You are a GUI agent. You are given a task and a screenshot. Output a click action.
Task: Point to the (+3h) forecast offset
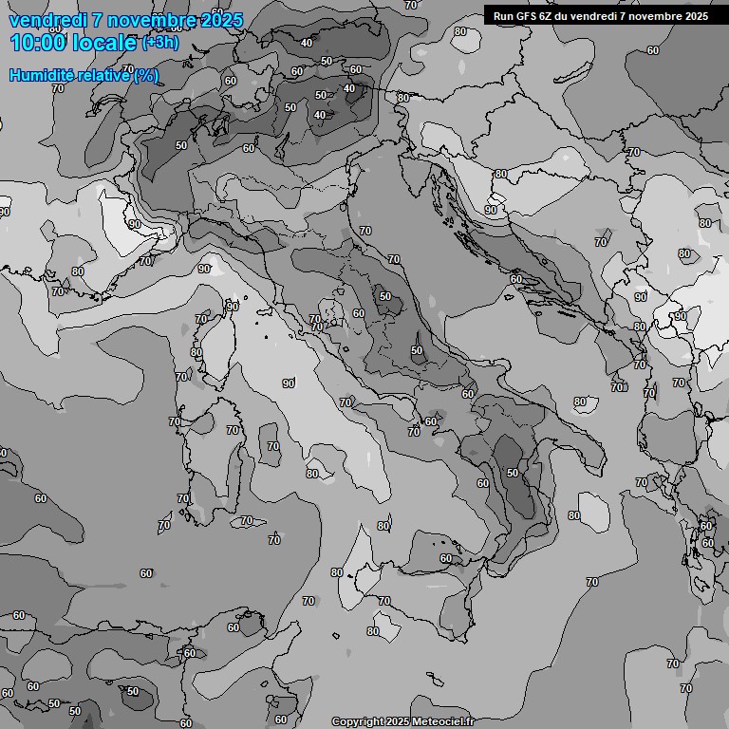(159, 43)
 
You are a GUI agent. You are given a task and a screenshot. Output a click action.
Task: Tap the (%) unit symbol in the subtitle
(145, 75)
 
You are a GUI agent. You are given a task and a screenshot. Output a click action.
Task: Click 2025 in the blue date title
(216, 20)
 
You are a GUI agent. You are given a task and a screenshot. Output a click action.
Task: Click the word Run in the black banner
(503, 16)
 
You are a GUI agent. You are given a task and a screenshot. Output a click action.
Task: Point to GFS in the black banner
(528, 16)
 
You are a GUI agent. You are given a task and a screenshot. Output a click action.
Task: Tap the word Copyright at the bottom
(358, 721)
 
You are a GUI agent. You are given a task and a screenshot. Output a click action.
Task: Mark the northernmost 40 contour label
(307, 43)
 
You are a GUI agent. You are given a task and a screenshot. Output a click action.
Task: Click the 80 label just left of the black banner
(460, 31)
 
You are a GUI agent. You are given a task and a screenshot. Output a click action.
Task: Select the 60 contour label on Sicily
(446, 558)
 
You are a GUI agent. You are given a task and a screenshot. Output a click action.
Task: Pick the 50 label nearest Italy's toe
(513, 473)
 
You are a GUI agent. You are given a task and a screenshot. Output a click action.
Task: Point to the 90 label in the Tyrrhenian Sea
(288, 383)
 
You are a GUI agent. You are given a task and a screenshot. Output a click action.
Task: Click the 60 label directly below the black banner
(653, 50)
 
